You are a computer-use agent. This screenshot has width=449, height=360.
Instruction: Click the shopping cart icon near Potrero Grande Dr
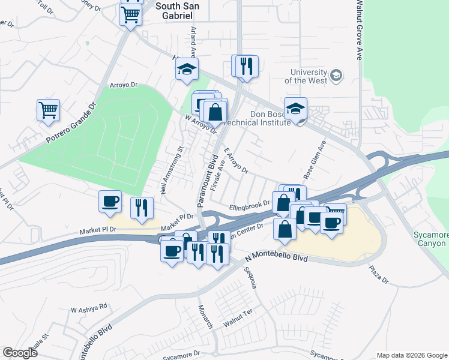click(x=48, y=110)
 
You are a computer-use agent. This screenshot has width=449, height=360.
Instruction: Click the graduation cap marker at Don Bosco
click(x=295, y=109)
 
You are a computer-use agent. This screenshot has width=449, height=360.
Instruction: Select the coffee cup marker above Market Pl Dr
click(x=110, y=202)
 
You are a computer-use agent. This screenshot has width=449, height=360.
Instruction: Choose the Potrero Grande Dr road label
click(x=71, y=122)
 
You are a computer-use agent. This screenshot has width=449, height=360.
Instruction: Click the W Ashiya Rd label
click(x=88, y=307)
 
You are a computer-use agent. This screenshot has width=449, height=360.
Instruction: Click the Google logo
click(x=20, y=353)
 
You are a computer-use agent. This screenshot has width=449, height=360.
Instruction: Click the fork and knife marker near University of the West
click(x=245, y=65)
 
